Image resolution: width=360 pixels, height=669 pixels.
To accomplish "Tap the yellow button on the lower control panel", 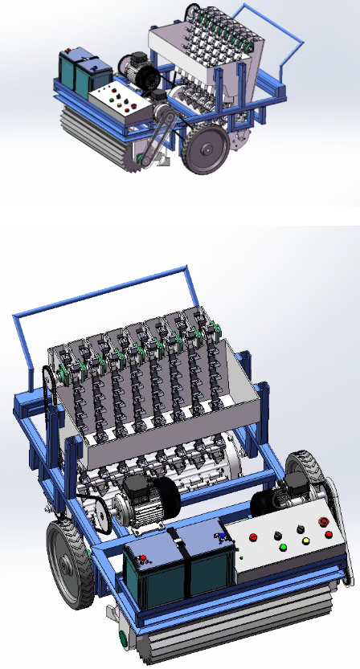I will click(305, 541).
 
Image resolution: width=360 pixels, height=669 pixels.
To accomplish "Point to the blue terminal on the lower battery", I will click(222, 533).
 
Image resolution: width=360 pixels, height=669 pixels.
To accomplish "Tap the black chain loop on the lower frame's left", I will click(49, 394).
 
